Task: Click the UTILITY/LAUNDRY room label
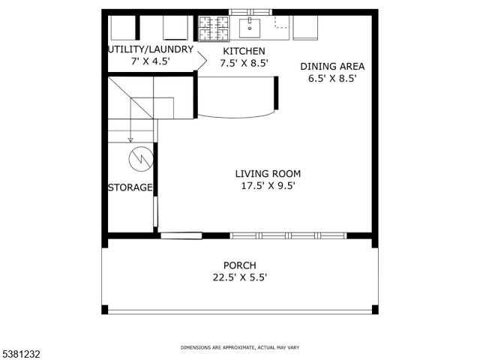point(151,49)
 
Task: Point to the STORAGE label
point(130,187)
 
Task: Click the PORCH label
point(239,265)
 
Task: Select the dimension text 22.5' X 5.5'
point(240,277)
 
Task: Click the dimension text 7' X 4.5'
point(151,62)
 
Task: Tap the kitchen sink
point(250,28)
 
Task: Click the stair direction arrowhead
point(130,139)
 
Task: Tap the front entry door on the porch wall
point(181,235)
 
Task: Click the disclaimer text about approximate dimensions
point(240,348)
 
